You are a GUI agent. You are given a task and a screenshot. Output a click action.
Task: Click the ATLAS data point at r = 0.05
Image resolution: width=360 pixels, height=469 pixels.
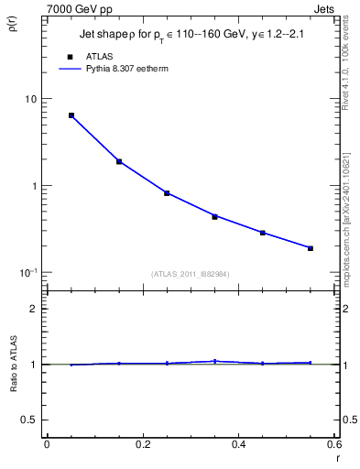(x=71, y=115)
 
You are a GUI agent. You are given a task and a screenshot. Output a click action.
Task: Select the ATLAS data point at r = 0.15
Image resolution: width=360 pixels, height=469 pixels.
(x=119, y=161)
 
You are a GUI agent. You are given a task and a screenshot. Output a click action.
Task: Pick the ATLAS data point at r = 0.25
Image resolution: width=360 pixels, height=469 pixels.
(x=167, y=193)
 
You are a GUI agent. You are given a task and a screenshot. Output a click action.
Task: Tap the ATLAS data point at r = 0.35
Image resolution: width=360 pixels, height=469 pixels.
(x=214, y=217)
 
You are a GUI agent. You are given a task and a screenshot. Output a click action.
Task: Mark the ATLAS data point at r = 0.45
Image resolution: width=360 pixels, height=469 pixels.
(x=262, y=233)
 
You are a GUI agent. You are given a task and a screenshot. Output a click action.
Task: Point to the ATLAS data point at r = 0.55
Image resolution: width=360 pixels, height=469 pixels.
(x=311, y=248)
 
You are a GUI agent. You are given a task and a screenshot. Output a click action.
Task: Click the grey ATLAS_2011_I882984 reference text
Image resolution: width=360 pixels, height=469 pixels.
(x=191, y=274)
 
